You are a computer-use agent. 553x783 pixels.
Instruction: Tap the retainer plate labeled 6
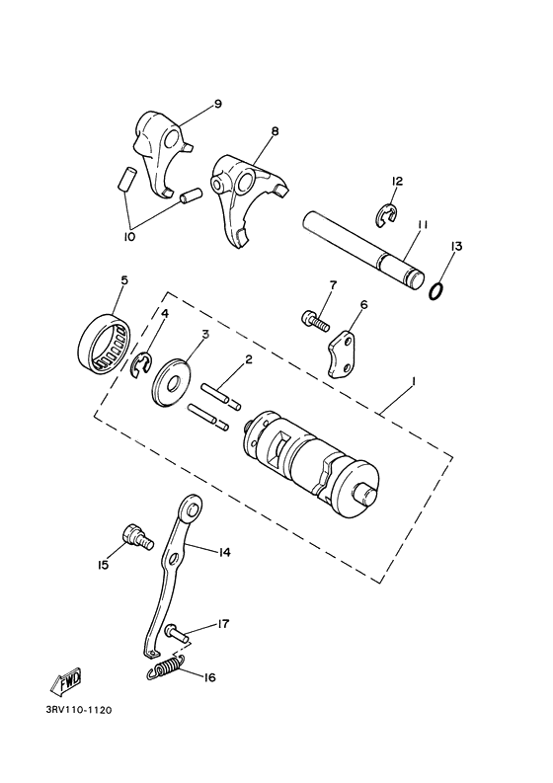click(343, 351)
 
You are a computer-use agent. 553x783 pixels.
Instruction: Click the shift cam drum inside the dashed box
click(309, 457)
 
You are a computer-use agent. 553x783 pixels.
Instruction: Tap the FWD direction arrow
click(67, 682)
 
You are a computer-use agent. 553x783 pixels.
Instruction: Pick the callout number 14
click(224, 553)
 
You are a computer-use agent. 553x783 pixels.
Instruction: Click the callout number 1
click(413, 381)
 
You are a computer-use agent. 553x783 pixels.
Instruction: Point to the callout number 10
click(129, 236)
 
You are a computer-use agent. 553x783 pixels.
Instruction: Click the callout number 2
click(248, 359)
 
